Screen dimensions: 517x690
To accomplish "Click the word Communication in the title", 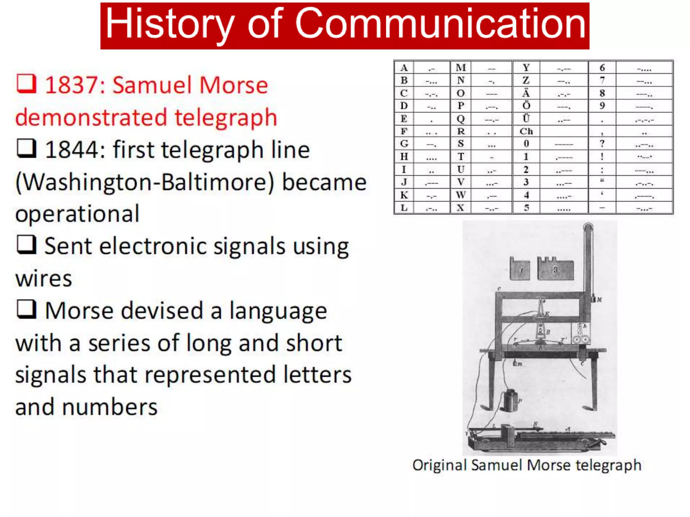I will pyautogui.click(x=440, y=24).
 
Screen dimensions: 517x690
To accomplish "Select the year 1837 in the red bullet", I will pyautogui.click(x=74, y=85).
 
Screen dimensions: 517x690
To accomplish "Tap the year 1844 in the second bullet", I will pyautogui.click(x=74, y=150).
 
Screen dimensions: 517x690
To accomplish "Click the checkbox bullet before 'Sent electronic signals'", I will pyautogui.click(x=26, y=245).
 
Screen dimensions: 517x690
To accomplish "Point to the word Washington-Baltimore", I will pyautogui.click(x=145, y=182).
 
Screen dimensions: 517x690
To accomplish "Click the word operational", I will pyautogui.click(x=77, y=214).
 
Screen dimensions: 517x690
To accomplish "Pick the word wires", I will pyautogui.click(x=44, y=279).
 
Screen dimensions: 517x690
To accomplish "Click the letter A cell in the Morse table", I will pyautogui.click(x=404, y=68).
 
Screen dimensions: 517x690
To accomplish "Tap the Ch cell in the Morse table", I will pyautogui.click(x=526, y=131).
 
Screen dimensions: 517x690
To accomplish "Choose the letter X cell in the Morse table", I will pyautogui.click(x=461, y=208).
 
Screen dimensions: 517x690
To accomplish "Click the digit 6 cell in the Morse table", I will pyautogui.click(x=602, y=68).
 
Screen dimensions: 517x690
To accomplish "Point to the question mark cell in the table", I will pyautogui.click(x=602, y=144).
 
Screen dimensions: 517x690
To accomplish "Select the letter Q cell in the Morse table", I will pyautogui.click(x=461, y=119).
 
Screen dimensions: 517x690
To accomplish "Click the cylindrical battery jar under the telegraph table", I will pyautogui.click(x=509, y=401).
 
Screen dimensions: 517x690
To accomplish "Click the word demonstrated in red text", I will pyautogui.click(x=91, y=118).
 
